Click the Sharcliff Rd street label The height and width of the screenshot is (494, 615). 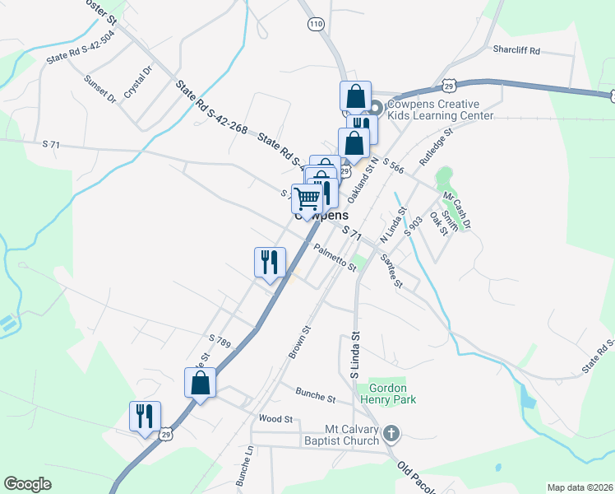(516, 50)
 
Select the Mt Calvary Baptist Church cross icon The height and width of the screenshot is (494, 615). (391, 432)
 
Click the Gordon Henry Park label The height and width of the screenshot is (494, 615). (392, 394)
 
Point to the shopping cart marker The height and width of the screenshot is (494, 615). (307, 198)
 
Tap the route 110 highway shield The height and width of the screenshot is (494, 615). (317, 25)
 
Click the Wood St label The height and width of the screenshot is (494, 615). (276, 418)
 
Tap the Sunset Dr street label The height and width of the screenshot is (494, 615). (100, 89)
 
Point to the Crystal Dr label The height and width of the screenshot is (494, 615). (137, 83)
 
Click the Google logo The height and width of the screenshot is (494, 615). (28, 484)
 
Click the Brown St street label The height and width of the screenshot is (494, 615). (298, 341)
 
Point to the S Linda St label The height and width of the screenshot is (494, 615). (355, 355)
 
